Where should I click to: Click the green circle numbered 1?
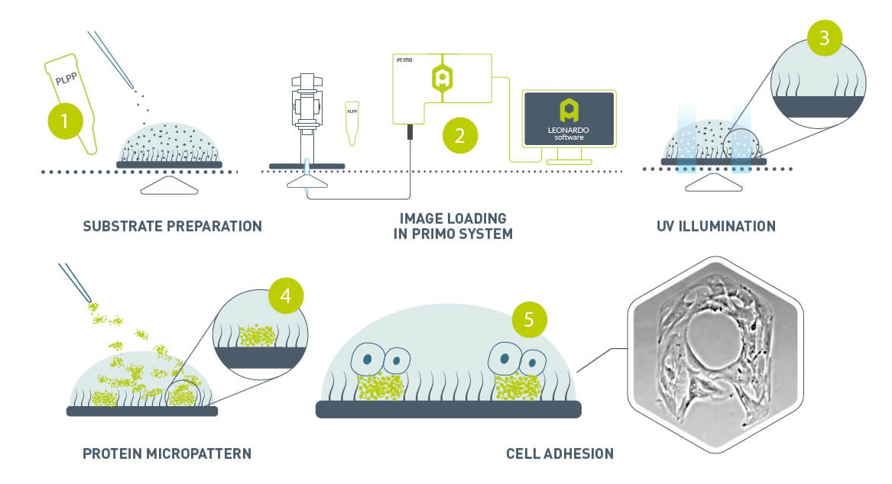click(65, 121)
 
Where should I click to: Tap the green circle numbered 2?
click(459, 136)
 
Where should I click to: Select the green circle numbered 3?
click(824, 38)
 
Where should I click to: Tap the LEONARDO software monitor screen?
click(569, 118)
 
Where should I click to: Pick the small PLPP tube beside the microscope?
click(352, 122)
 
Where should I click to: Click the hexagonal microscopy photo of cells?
click(715, 353)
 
